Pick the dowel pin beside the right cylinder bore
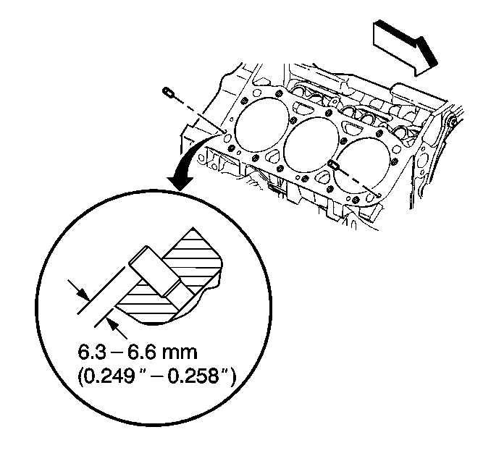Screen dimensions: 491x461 (333, 164)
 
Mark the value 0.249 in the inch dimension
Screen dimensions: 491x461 (109, 376)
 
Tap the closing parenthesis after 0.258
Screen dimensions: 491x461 (232, 376)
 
